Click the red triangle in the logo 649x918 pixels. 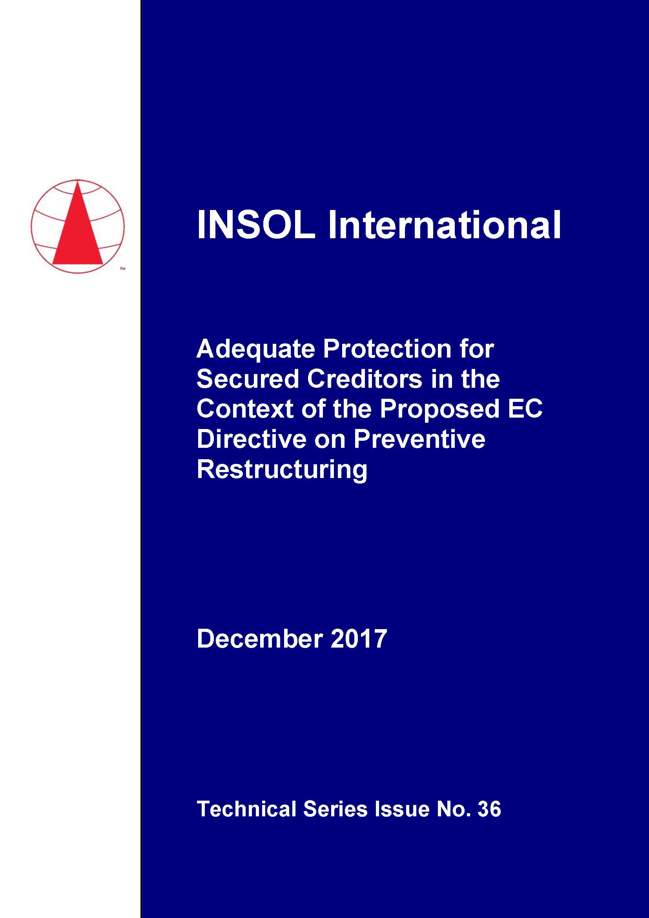pos(78,223)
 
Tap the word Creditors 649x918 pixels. pos(365,379)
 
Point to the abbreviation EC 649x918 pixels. pos(525,409)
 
